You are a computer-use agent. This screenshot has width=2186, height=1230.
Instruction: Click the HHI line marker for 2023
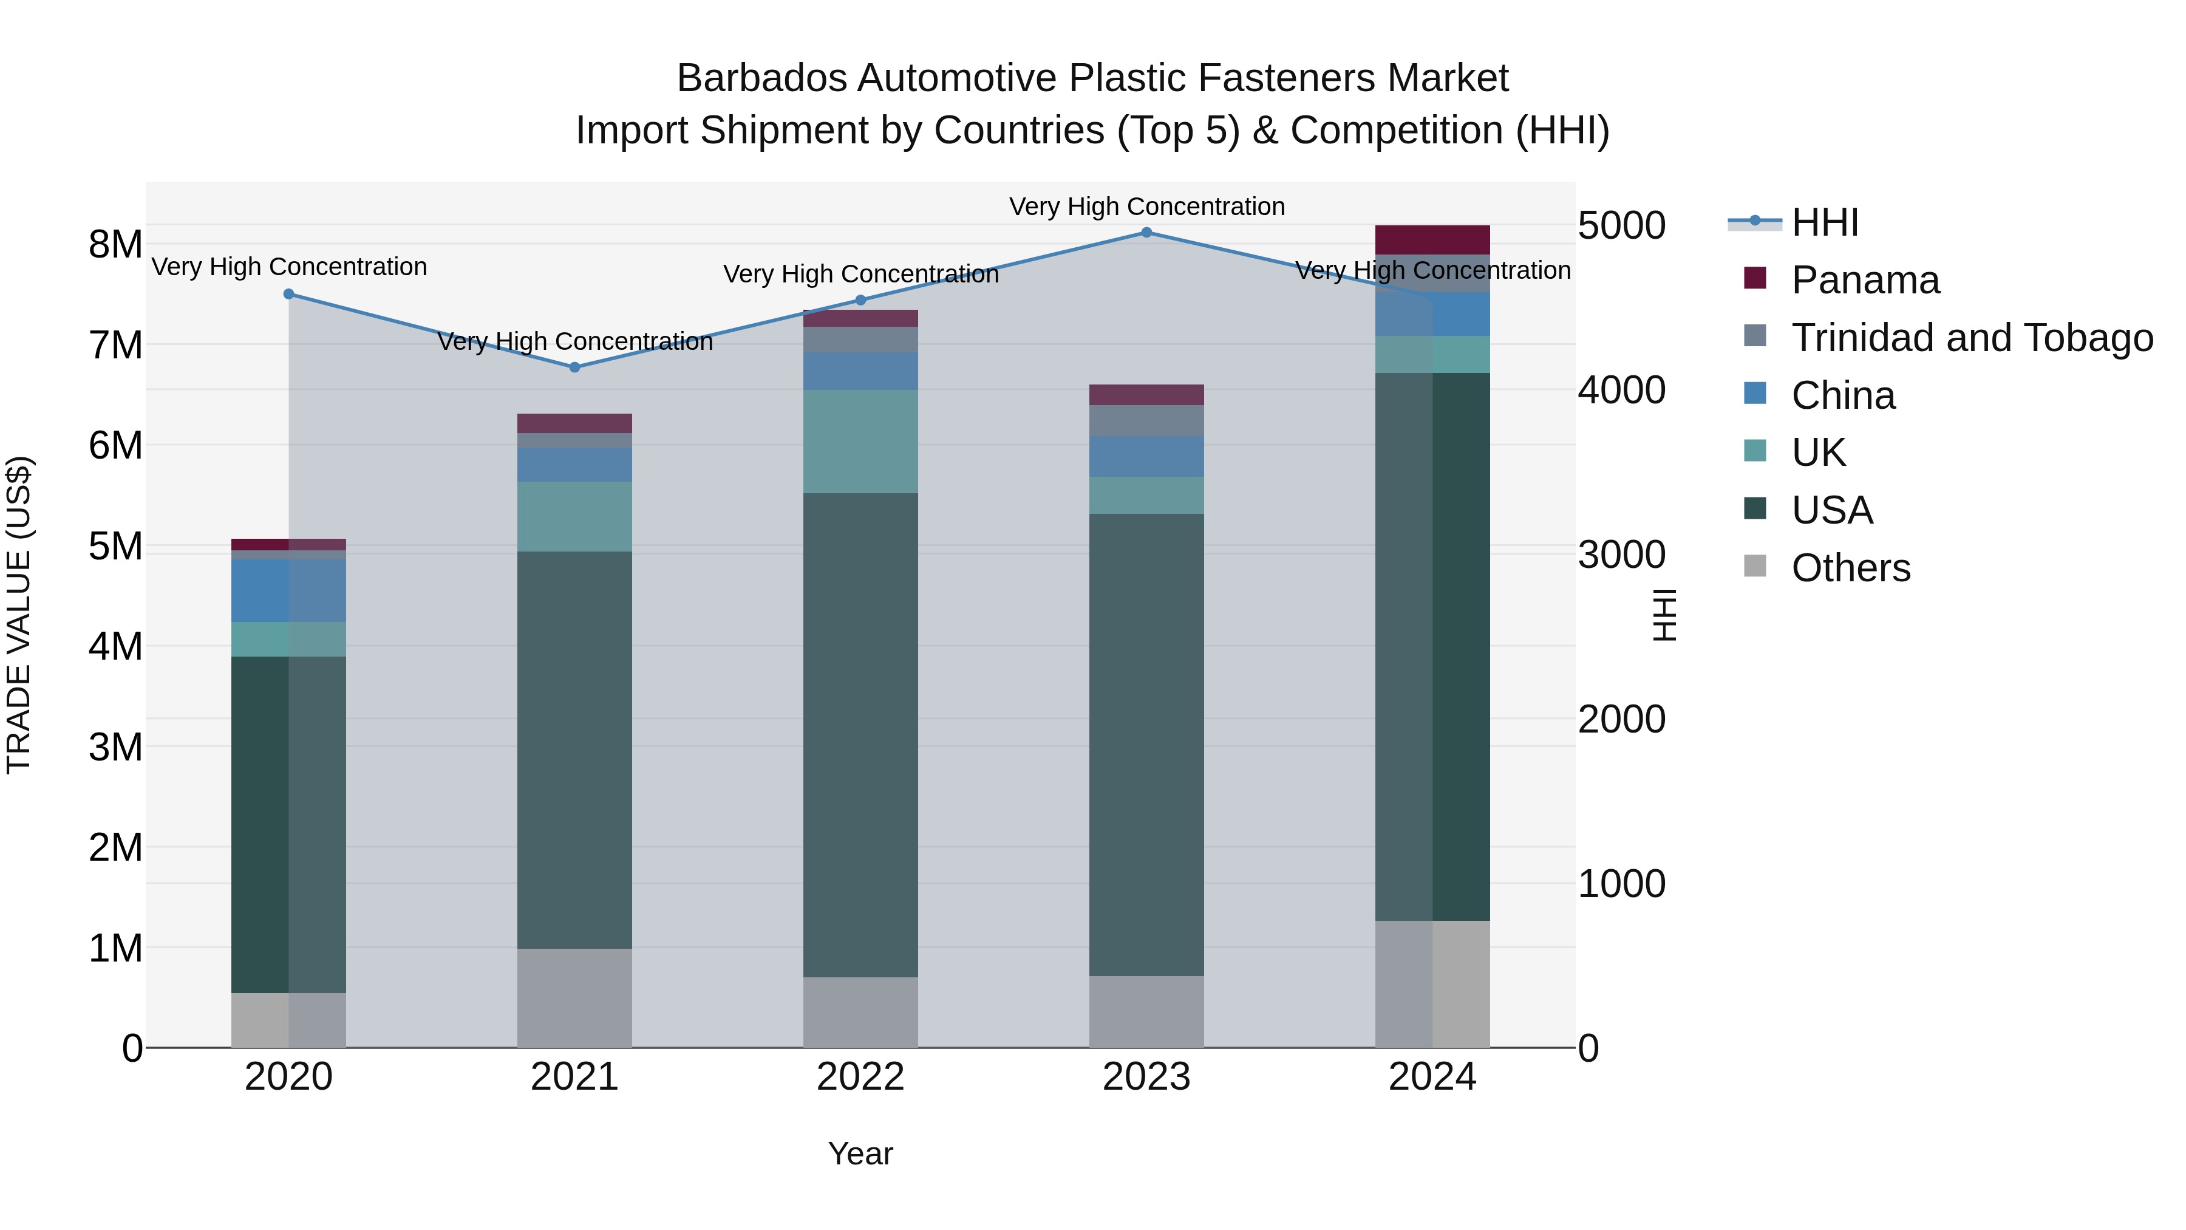(1146, 233)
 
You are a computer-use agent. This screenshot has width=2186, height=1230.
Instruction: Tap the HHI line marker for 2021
(574, 367)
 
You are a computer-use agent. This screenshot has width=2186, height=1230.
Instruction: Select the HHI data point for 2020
(288, 295)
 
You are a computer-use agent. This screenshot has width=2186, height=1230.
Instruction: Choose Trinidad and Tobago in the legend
(1971, 338)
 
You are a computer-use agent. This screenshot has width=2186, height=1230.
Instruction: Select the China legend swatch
(1755, 394)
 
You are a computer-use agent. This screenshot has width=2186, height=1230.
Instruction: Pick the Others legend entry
(1850, 568)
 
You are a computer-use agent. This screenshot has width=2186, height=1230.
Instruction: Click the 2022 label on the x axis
(860, 1077)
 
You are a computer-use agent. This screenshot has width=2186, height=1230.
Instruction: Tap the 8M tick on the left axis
(115, 244)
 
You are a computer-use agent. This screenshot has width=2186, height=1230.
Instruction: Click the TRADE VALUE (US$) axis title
(19, 615)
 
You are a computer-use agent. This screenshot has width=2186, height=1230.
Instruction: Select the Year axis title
(860, 1153)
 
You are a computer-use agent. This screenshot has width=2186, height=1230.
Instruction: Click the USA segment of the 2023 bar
(1146, 745)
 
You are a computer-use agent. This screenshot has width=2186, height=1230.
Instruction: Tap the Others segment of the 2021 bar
(574, 997)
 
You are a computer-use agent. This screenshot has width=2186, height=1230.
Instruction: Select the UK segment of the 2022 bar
(860, 442)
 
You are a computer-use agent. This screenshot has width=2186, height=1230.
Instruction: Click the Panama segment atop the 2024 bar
(1432, 240)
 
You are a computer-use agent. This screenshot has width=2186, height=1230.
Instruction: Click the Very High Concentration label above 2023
(1146, 207)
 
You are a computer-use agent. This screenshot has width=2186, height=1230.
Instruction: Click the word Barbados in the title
(761, 78)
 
